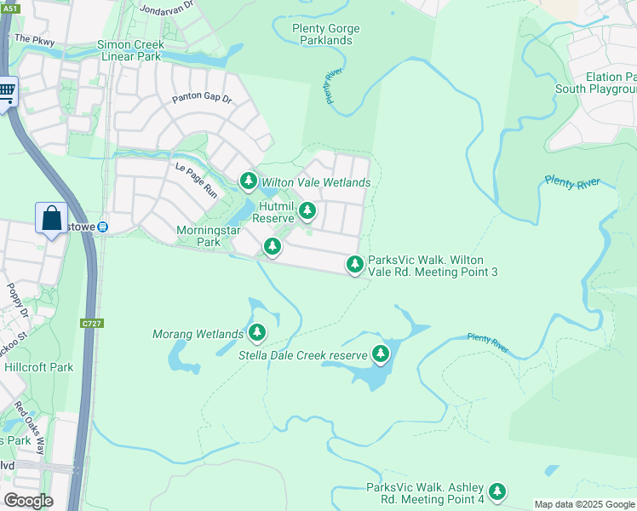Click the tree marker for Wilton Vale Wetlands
tap(248, 181)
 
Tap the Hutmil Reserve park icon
tap(307, 210)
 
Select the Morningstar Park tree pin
tap(272, 247)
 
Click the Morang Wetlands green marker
tap(256, 332)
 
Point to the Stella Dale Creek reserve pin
tap(381, 353)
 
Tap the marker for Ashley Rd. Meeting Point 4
tap(497, 491)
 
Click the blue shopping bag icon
tap(51, 218)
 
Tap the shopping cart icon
tap(7, 90)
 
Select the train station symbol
tap(102, 227)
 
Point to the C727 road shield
tap(91, 324)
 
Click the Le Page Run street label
tap(197, 180)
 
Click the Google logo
tap(28, 500)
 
